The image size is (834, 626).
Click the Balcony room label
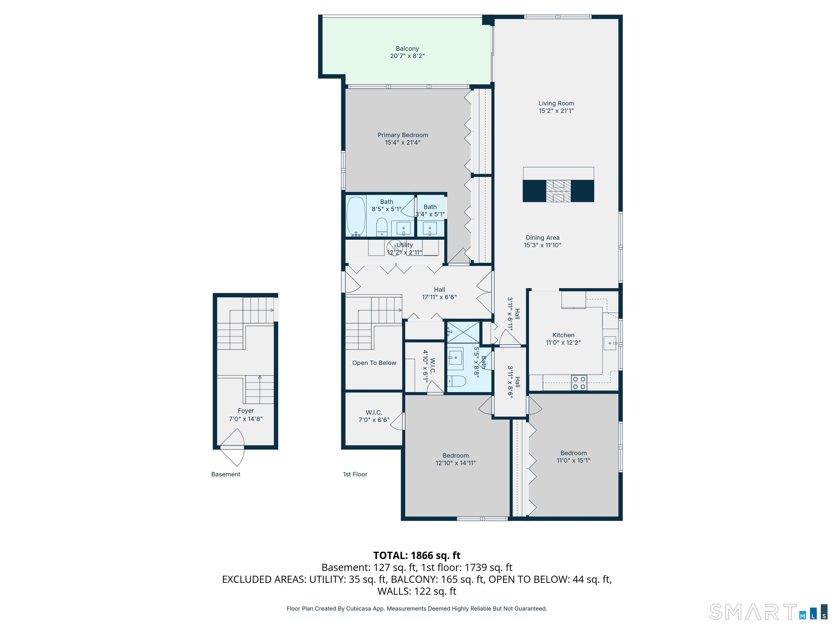pyautogui.click(x=407, y=49)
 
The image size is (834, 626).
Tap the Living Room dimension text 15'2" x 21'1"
pyautogui.click(x=556, y=111)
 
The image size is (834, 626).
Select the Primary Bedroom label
pyautogui.click(x=403, y=135)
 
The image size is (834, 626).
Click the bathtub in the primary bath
pyautogui.click(x=356, y=217)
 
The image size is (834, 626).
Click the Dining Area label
pyautogui.click(x=542, y=238)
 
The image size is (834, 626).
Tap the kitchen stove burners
pyautogui.click(x=579, y=383)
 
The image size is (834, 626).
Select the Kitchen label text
pyautogui.click(x=563, y=335)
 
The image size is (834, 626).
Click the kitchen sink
pyautogui.click(x=610, y=343)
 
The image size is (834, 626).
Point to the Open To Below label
pyautogui.click(x=374, y=363)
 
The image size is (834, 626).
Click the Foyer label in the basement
pyautogui.click(x=246, y=411)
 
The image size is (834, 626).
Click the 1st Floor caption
pyautogui.click(x=355, y=474)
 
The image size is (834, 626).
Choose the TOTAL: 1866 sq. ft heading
pyautogui.click(x=417, y=555)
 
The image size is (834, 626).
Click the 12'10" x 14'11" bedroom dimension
pyautogui.click(x=456, y=463)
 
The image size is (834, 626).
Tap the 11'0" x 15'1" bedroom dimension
pyautogui.click(x=573, y=460)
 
